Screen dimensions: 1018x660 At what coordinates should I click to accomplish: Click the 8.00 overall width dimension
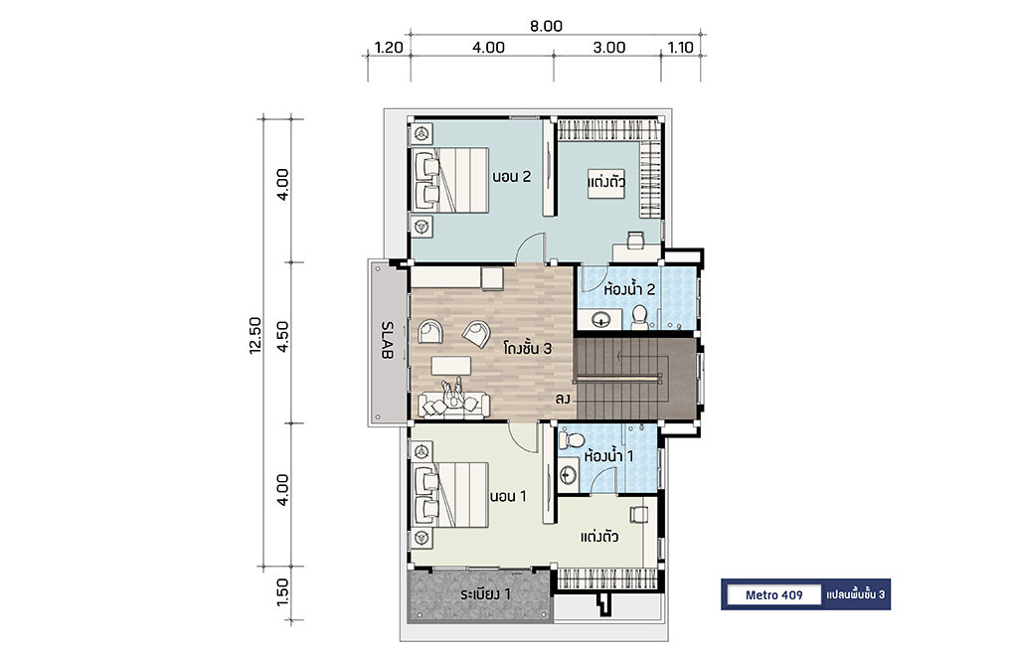(546, 26)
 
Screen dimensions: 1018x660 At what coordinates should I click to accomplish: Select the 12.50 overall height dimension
(255, 335)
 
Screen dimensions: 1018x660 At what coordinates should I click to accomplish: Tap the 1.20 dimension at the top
(389, 48)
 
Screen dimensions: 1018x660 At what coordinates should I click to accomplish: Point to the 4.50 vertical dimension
(282, 336)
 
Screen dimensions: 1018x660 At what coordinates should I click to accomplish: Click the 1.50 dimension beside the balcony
(282, 592)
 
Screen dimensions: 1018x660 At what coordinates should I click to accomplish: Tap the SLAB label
(387, 340)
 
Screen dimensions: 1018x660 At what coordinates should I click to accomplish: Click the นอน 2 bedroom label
(512, 177)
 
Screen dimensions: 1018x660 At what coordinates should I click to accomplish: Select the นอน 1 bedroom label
(508, 496)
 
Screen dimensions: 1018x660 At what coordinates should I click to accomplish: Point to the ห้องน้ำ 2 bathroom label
(629, 289)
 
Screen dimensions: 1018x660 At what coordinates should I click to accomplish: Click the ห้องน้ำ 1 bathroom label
(608, 456)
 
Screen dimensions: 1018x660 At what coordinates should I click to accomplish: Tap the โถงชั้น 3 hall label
(527, 349)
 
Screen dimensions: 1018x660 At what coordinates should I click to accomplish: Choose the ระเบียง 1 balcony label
(485, 594)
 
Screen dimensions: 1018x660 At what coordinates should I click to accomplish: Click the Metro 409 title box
(773, 595)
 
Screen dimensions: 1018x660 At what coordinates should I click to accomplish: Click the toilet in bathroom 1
(572, 439)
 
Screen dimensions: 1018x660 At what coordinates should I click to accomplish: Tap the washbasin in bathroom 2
(600, 319)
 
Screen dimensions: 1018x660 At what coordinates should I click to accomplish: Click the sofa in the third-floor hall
(453, 404)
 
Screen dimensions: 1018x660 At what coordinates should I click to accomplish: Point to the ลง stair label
(563, 400)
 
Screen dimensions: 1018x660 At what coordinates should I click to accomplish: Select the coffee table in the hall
(451, 365)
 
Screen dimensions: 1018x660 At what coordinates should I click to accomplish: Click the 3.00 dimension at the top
(609, 48)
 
